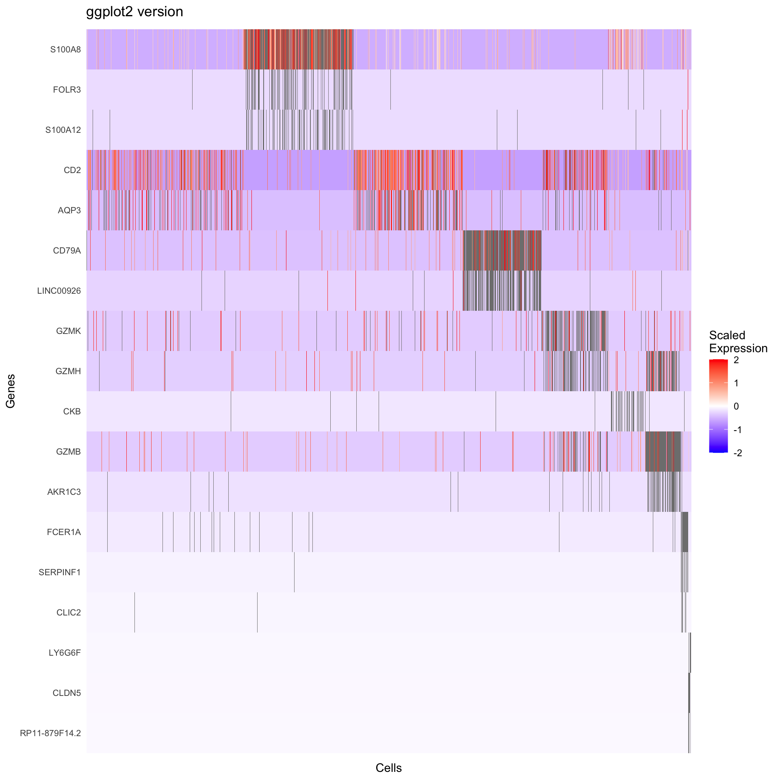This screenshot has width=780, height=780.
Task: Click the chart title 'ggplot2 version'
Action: (134, 12)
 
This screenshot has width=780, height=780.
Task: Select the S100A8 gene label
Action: (65, 50)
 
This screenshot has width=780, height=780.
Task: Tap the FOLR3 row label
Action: (67, 90)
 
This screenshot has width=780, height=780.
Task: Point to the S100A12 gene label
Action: (63, 130)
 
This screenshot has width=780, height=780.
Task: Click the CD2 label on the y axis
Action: (72, 170)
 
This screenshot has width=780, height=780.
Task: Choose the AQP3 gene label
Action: (69, 210)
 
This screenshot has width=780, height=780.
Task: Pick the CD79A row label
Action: (67, 251)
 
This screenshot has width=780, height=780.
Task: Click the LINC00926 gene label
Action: (59, 291)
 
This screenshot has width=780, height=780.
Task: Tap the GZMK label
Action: (69, 331)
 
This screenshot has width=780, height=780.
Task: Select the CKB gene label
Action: (72, 412)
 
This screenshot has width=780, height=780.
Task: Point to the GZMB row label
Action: (69, 452)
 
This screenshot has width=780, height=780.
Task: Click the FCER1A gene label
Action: (64, 532)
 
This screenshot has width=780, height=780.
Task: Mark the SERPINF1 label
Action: (60, 572)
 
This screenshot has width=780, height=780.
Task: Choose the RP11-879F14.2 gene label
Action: (50, 733)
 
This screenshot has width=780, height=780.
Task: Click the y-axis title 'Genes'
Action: (11, 391)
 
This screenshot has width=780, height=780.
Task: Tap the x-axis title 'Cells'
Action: (388, 768)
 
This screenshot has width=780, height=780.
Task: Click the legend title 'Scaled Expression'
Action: (738, 342)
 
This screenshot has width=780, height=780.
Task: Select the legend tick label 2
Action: (736, 360)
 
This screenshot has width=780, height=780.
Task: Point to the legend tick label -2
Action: (738, 453)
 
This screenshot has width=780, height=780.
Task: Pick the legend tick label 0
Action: (736, 406)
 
